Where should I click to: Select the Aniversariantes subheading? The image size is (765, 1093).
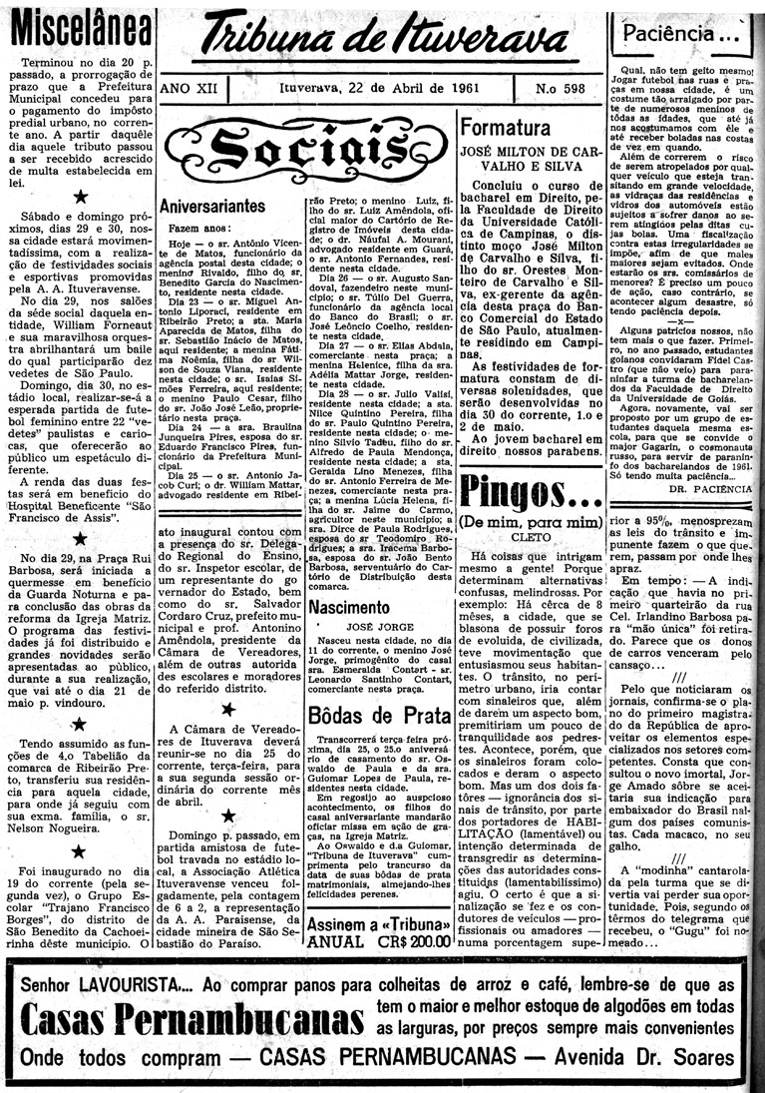click(x=211, y=206)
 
